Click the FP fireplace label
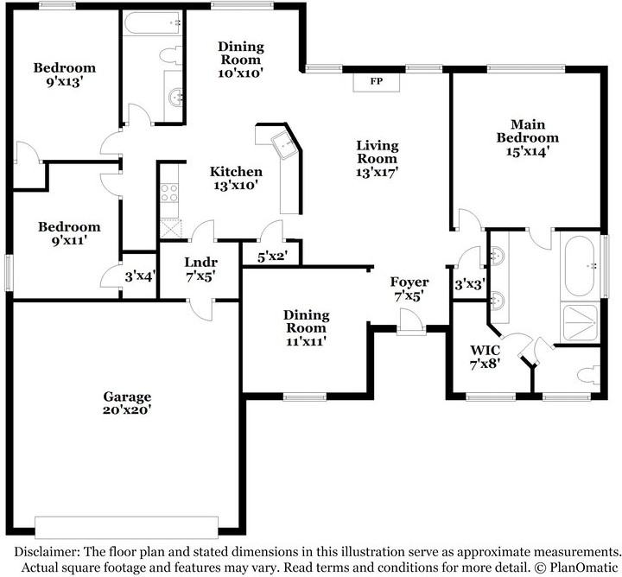377,81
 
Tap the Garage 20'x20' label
127,403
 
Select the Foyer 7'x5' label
409,288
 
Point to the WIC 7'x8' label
485,357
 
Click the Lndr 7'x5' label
200,269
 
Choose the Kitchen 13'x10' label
236,178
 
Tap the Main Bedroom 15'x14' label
528,137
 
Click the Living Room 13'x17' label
377,159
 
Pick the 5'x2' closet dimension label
272,257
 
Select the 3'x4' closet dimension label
140,276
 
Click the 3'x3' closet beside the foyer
470,284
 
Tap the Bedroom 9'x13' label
64,74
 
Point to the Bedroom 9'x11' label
69,233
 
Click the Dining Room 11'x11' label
306,328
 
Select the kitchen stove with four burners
169,193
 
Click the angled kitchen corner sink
285,145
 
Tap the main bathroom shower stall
581,322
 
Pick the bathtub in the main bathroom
580,266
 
